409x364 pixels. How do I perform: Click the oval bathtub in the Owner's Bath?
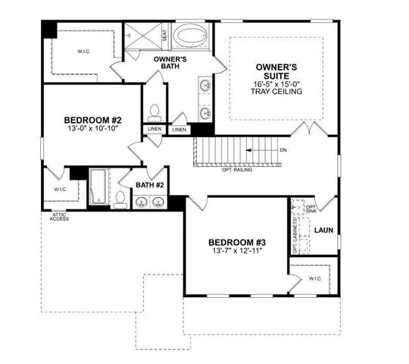[192, 36]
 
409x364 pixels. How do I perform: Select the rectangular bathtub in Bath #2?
[100, 187]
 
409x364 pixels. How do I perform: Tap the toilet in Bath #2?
[120, 199]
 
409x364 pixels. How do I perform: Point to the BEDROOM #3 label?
[238, 243]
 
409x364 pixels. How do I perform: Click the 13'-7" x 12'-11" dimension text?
[238, 251]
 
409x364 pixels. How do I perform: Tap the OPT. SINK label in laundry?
[310, 209]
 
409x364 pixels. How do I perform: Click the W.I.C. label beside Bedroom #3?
[314, 278]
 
